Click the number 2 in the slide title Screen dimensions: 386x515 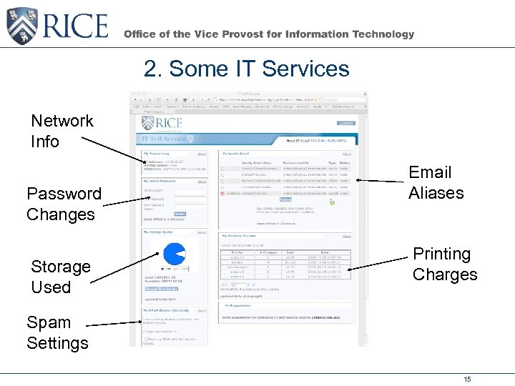point(150,69)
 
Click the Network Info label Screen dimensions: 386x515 point(62,131)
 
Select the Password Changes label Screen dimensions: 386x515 point(64,204)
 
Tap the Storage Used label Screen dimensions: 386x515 point(61,277)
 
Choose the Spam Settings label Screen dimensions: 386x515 point(57,332)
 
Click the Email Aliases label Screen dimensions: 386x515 point(436,182)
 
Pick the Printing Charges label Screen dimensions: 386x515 point(444,264)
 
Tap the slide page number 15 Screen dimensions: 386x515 point(467,379)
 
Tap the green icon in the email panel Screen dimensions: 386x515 point(331,202)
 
